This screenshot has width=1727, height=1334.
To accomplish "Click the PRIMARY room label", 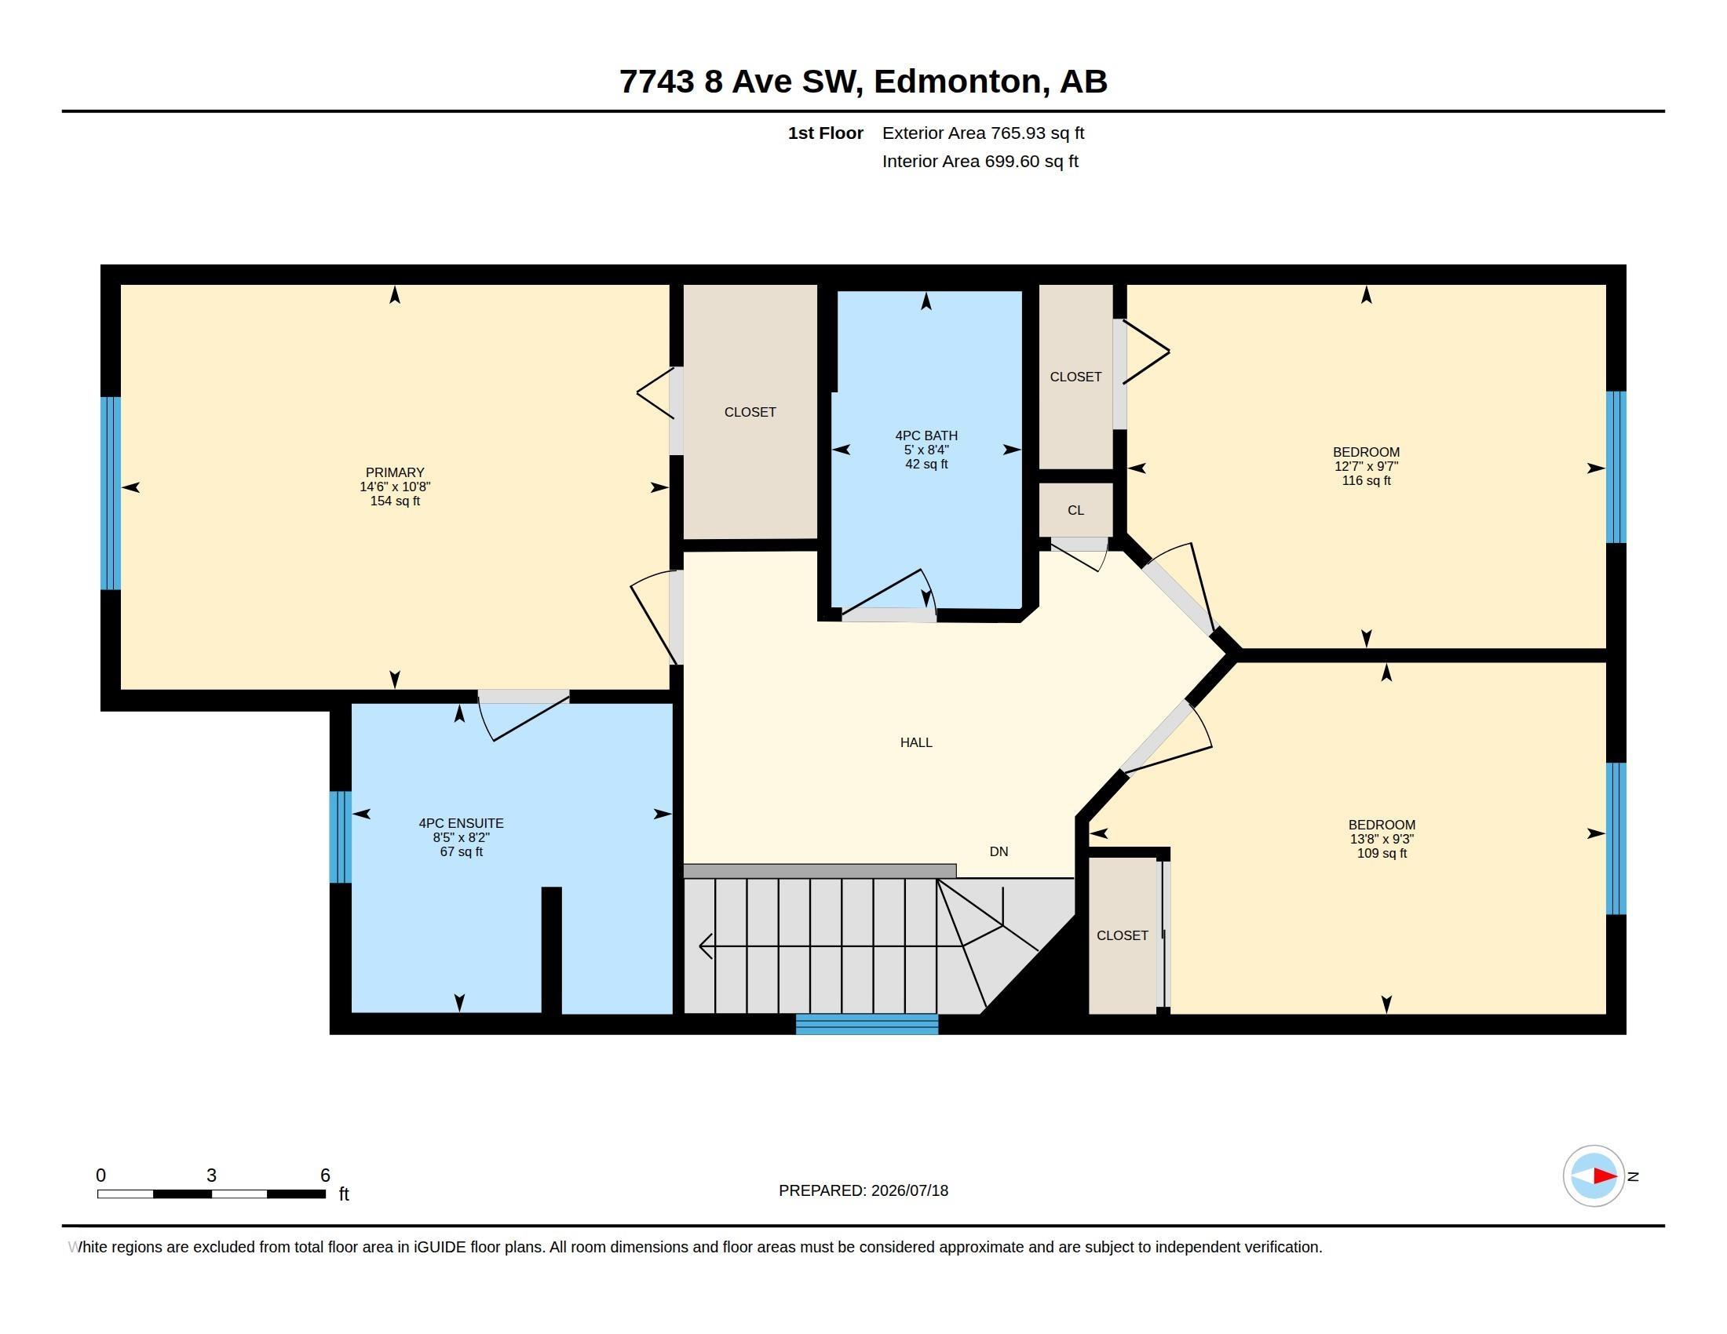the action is pos(395,472).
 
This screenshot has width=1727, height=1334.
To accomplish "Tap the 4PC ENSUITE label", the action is pos(461,823).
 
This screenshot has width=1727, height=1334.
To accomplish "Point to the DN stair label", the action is pos(999,852).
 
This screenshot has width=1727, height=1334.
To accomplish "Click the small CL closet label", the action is pos(1075,511).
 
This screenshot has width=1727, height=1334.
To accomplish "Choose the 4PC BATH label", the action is pos(926,436).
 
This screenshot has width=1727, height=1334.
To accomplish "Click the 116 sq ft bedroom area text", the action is pos(1366,480).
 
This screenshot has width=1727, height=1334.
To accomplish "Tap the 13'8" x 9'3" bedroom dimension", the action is pos(1382,840).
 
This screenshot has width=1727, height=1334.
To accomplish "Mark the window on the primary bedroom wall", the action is pos(111,493).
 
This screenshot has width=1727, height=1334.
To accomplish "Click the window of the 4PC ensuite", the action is pos(340,837).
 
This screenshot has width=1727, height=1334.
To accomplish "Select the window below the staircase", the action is pos(867,1024).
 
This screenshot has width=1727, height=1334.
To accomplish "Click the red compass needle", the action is pos(1605,1176).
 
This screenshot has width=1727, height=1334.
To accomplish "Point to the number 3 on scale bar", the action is pos(211,1175).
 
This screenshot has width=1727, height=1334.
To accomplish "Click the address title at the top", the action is pos(863,82).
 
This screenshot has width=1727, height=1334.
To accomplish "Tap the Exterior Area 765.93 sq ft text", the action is pos(983,133).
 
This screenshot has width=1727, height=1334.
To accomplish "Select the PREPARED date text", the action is pos(863,1191).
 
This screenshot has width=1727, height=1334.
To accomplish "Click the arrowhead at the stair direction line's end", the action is pos(706,946).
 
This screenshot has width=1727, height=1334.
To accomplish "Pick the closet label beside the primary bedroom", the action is pos(750,413).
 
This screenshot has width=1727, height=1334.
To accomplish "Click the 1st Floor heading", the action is pos(826,133).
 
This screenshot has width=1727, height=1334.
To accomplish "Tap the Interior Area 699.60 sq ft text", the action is pos(980,162).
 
